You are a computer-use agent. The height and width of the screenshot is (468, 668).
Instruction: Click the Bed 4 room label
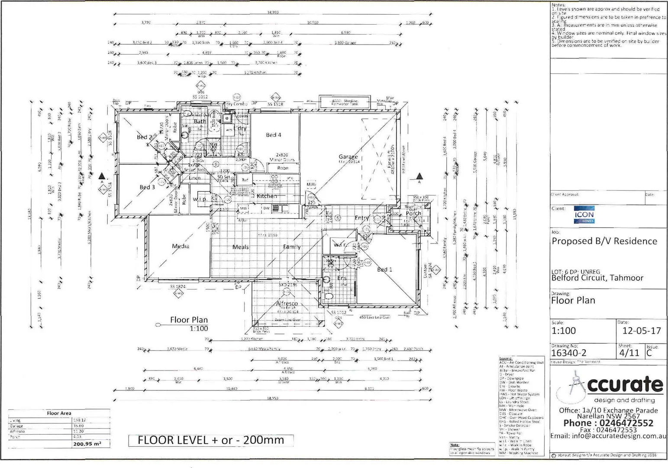click(x=274, y=135)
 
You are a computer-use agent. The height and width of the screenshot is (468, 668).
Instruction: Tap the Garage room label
click(x=348, y=157)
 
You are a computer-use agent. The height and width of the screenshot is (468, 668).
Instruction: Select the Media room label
click(x=181, y=246)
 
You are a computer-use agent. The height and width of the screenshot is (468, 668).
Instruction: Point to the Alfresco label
click(x=287, y=303)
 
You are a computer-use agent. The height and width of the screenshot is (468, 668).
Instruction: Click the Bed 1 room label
click(x=384, y=269)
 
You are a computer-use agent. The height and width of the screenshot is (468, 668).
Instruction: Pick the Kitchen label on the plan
click(x=267, y=196)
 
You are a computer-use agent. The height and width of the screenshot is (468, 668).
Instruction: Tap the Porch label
click(x=413, y=213)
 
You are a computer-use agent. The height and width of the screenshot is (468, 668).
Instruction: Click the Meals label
click(x=240, y=247)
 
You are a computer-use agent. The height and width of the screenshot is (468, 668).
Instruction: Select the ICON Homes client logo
click(x=584, y=215)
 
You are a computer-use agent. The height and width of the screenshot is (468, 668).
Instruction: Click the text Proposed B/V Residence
click(x=604, y=241)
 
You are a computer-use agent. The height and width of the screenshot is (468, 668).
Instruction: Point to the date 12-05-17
click(x=642, y=331)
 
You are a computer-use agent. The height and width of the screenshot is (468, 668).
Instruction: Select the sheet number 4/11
click(x=629, y=353)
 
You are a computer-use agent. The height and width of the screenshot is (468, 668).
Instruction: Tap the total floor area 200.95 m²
click(x=87, y=444)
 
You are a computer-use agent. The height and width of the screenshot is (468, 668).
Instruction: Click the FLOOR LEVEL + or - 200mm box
click(x=211, y=440)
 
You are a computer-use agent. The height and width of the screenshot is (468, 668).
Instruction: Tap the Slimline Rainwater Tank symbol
click(x=345, y=102)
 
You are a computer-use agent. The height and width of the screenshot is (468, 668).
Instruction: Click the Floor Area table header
click(x=59, y=413)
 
